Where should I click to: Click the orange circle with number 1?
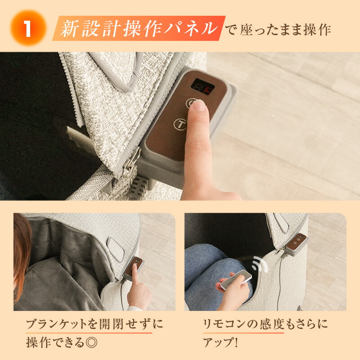[x=27, y=28]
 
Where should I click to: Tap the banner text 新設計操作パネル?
[x=139, y=28]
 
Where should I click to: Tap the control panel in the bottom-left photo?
[x=135, y=267]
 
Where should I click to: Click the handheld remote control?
[x=235, y=279]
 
